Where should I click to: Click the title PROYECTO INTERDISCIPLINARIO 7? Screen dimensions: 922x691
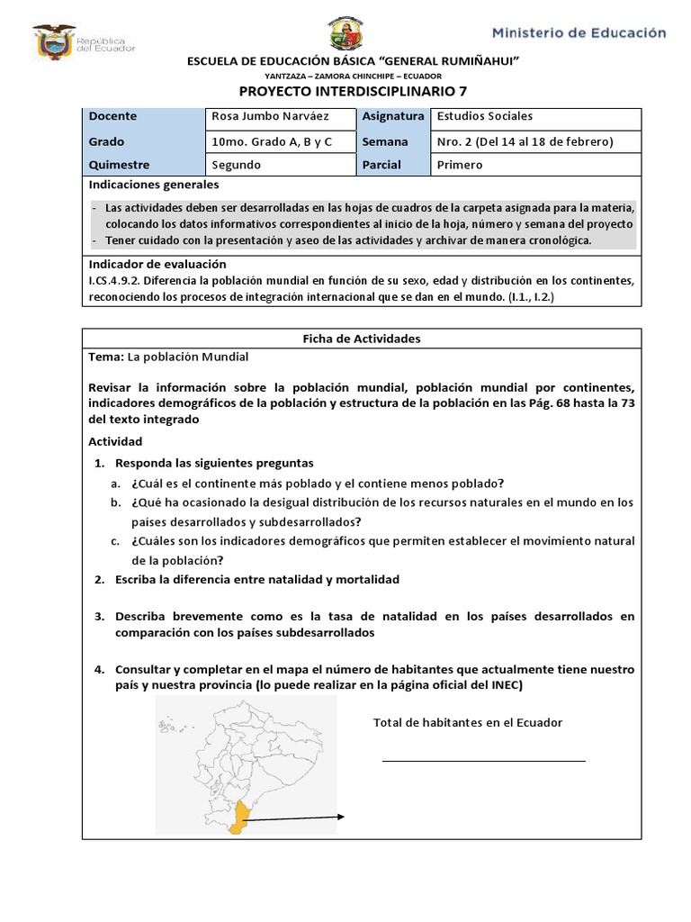(353, 92)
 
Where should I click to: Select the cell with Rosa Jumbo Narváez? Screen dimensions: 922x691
(270, 117)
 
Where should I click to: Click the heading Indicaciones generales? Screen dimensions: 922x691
(154, 185)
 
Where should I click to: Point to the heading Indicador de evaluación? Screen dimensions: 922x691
(157, 264)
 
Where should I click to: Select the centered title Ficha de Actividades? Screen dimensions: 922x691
(362, 339)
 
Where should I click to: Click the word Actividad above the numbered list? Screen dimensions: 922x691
(115, 441)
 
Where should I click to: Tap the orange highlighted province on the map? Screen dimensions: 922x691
(239, 818)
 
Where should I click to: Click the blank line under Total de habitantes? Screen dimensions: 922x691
(483, 761)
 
